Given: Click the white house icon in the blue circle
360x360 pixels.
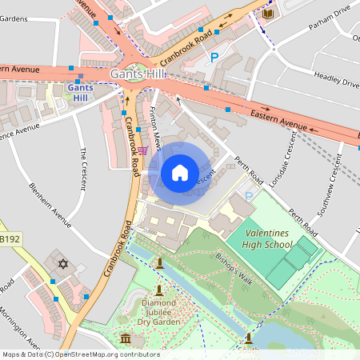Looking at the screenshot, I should (x=180, y=172).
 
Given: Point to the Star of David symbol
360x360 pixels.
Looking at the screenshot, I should (x=62, y=263).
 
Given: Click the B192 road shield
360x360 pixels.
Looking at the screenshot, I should (x=10, y=238).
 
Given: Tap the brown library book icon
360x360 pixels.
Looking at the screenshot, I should (x=268, y=14).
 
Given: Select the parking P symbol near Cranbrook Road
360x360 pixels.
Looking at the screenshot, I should (x=214, y=57).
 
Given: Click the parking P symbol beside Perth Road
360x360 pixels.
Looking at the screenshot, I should (x=248, y=196).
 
